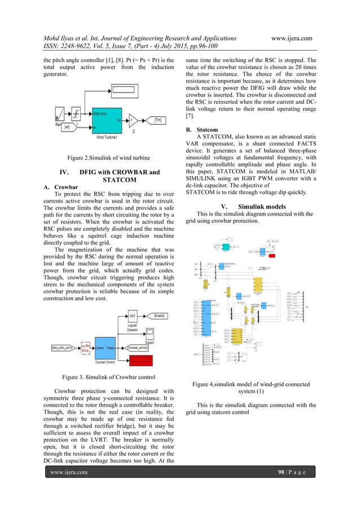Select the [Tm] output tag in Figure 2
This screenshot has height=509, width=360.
click(x=159, y=120)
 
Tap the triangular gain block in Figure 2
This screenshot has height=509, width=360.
click(x=133, y=120)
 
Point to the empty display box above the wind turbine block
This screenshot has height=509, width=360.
click(x=126, y=90)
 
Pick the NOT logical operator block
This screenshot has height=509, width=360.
click(x=133, y=316)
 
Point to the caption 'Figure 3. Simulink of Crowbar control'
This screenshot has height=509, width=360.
click(x=107, y=376)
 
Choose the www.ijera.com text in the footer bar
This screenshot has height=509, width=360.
click(x=69, y=488)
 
